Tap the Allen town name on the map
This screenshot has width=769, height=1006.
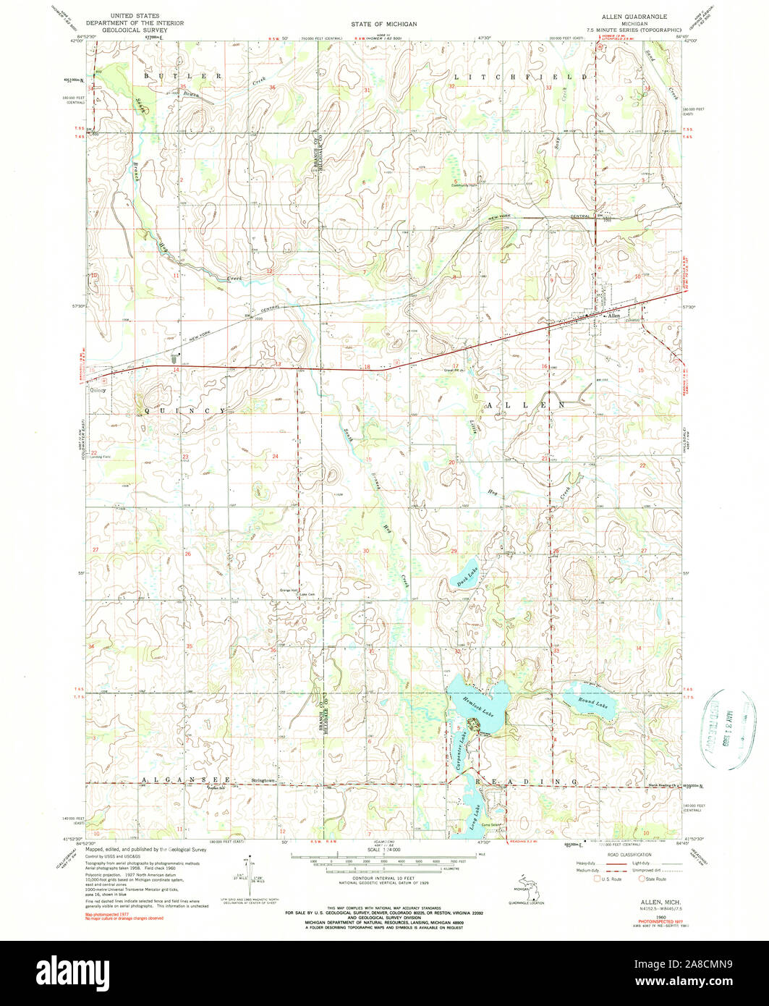pyautogui.click(x=614, y=316)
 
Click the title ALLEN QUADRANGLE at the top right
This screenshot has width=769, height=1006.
pyautogui.click(x=634, y=15)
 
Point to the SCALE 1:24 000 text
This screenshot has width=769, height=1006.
pyautogui.click(x=386, y=848)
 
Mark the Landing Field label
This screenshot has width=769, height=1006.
pyautogui.click(x=101, y=457)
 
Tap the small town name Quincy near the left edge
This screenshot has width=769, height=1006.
pyautogui.click(x=98, y=389)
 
